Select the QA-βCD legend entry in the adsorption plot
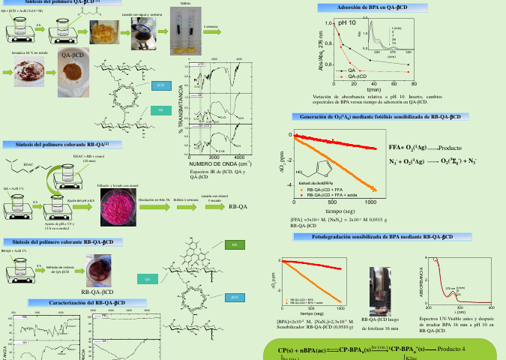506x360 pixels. (357, 76)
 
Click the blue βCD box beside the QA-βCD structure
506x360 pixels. (159, 85)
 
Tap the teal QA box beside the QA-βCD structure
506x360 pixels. (159, 110)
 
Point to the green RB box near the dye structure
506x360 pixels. (234, 245)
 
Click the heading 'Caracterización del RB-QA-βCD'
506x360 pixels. (76, 301)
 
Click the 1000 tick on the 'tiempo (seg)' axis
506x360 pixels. (370, 202)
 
